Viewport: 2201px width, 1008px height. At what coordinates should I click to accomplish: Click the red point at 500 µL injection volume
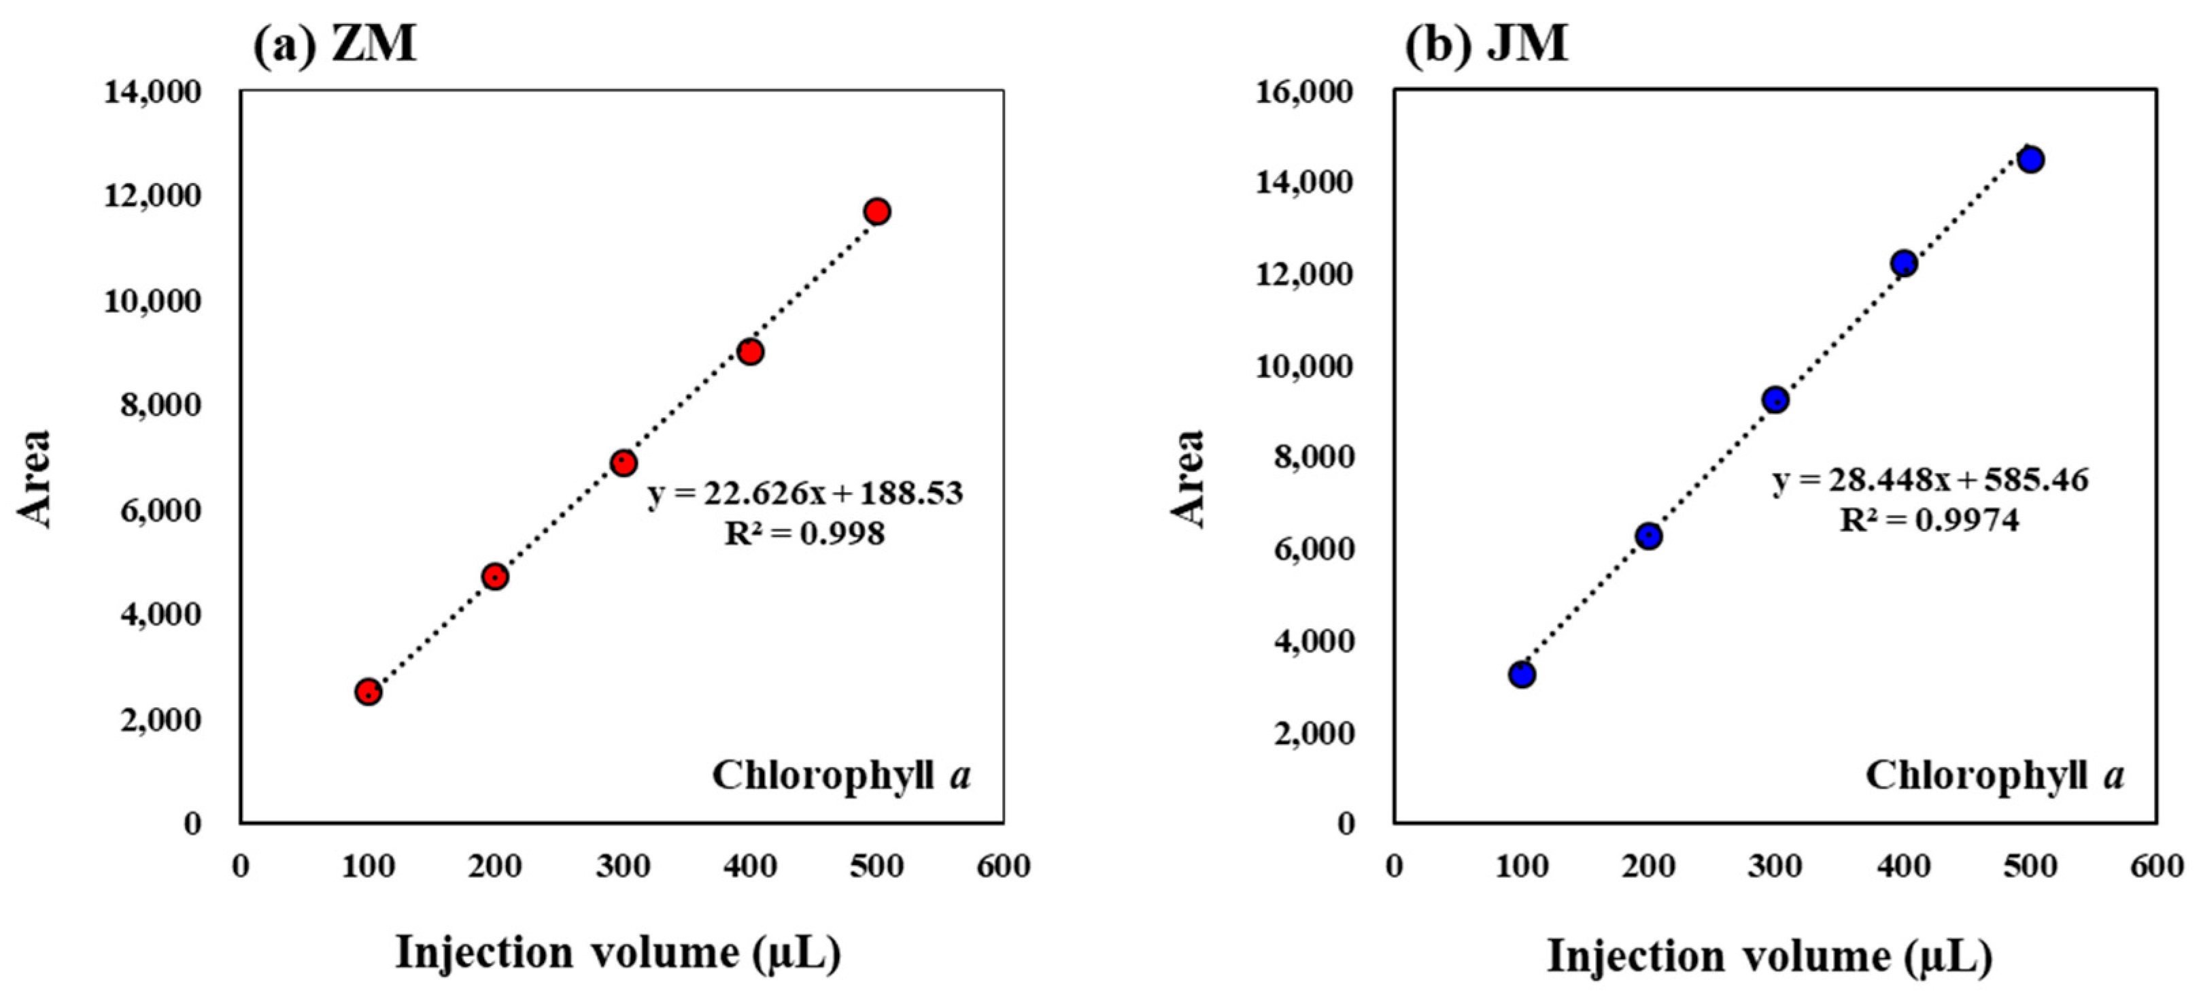point(876,211)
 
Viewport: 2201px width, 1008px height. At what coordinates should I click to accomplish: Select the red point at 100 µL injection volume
point(369,692)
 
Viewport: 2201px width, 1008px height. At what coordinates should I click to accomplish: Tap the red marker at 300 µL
point(623,464)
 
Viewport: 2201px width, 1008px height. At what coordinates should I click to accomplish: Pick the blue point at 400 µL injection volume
point(1904,263)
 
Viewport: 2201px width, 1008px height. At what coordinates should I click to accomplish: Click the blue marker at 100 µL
point(1522,674)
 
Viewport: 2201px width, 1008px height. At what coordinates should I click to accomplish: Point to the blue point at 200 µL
point(1648,537)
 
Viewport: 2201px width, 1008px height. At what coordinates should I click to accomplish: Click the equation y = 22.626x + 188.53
point(805,493)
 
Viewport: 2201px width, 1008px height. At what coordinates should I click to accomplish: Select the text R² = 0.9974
point(1929,520)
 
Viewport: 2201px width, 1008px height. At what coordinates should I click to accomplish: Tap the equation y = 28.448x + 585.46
point(1929,480)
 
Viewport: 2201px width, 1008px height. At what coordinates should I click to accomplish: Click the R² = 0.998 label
point(805,534)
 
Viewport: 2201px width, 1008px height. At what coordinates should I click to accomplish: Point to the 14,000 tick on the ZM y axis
point(153,91)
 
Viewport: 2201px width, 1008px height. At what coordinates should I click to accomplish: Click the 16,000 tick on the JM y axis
point(1305,91)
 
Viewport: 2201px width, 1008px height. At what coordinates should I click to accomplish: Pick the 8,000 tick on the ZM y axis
point(160,405)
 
